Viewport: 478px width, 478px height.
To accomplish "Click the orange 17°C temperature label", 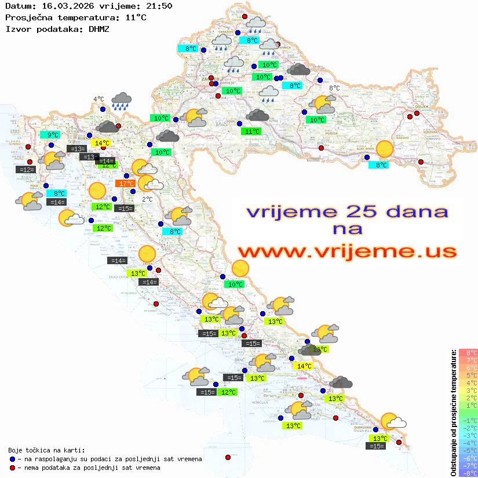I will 126,184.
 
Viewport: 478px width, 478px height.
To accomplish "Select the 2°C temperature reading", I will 147,199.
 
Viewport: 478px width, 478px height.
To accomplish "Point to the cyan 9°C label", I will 53,135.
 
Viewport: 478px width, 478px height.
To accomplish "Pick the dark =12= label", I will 26,170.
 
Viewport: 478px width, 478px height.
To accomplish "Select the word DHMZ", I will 98,28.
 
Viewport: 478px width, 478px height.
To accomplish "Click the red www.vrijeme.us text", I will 346,251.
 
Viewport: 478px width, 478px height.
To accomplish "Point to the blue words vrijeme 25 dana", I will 346,211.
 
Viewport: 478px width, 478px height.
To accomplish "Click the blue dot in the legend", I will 12,459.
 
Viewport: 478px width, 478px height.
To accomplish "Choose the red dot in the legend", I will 12,468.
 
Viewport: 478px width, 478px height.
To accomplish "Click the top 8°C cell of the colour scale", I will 468,353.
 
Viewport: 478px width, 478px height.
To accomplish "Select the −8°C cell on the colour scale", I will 468,473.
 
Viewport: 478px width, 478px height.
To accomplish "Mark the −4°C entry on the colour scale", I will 468,443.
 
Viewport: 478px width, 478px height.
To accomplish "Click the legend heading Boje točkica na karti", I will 46,450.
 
